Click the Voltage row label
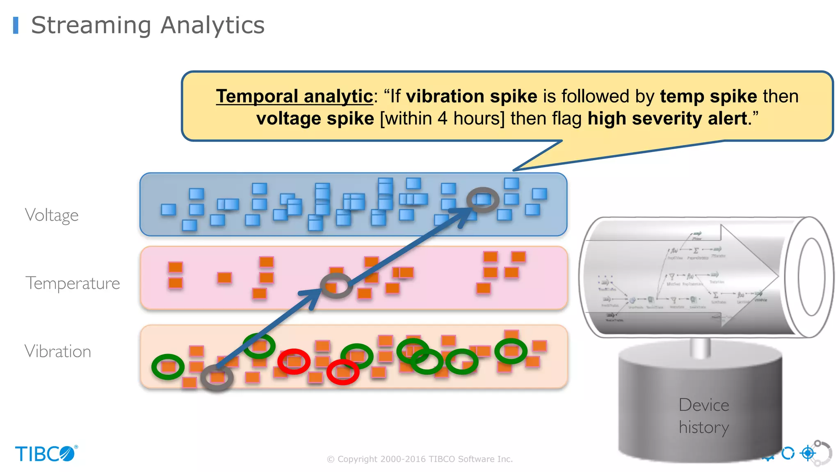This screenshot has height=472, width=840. click(x=52, y=215)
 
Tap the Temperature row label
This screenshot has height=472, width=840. click(x=73, y=283)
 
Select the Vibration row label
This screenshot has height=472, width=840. click(x=58, y=352)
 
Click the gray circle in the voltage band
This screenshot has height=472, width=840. click(x=483, y=200)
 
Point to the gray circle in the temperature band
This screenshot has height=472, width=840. click(x=336, y=286)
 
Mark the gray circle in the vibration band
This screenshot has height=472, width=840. click(x=217, y=377)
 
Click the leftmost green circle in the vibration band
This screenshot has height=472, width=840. click(x=168, y=367)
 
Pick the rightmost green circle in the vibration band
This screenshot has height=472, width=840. click(x=511, y=351)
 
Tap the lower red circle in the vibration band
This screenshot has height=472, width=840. click(x=343, y=372)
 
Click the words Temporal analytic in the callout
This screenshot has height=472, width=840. click(x=294, y=96)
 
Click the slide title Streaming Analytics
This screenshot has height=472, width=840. click(x=148, y=25)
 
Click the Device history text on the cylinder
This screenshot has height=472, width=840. click(x=704, y=416)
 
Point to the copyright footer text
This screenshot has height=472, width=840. click(x=420, y=459)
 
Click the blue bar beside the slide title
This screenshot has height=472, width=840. click(x=16, y=25)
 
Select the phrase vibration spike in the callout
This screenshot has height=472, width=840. click(x=471, y=96)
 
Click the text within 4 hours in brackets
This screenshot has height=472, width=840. click(x=442, y=118)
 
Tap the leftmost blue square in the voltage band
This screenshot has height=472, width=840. click(x=168, y=209)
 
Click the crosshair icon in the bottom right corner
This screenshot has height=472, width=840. click(x=808, y=453)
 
